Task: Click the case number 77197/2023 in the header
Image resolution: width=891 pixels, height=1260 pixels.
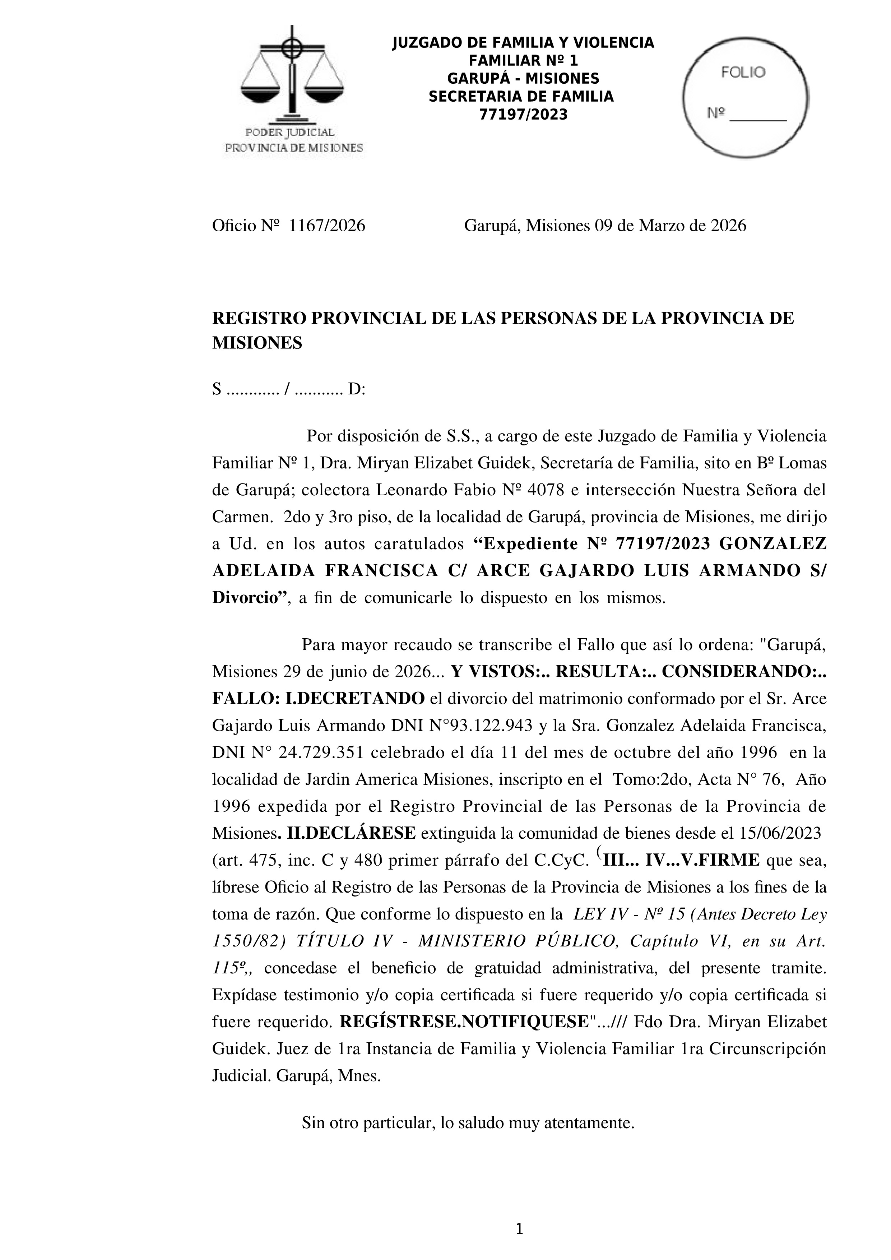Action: [523, 115]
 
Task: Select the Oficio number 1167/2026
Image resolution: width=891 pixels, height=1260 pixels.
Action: [327, 226]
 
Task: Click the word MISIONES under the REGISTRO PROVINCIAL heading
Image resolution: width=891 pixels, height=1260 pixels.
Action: [257, 343]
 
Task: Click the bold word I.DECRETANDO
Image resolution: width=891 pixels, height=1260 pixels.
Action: [355, 699]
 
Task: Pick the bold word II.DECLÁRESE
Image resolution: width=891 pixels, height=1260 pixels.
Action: [351, 833]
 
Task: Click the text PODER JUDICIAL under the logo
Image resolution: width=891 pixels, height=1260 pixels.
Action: [290, 132]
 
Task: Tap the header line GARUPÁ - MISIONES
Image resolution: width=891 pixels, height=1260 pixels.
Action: [523, 78]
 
